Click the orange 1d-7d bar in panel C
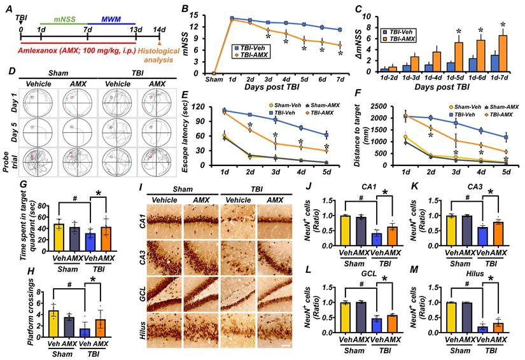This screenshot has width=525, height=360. coord(503,55)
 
